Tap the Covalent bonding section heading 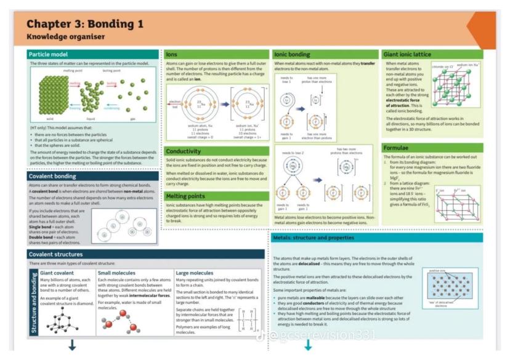click(53, 176)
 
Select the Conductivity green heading click(184, 151)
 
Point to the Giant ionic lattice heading click(408, 54)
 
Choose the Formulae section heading click(397, 148)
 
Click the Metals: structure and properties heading click(315, 238)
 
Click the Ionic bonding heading click(292, 54)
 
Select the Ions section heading click(172, 54)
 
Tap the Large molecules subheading click(195, 272)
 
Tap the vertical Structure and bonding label click(34, 301)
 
